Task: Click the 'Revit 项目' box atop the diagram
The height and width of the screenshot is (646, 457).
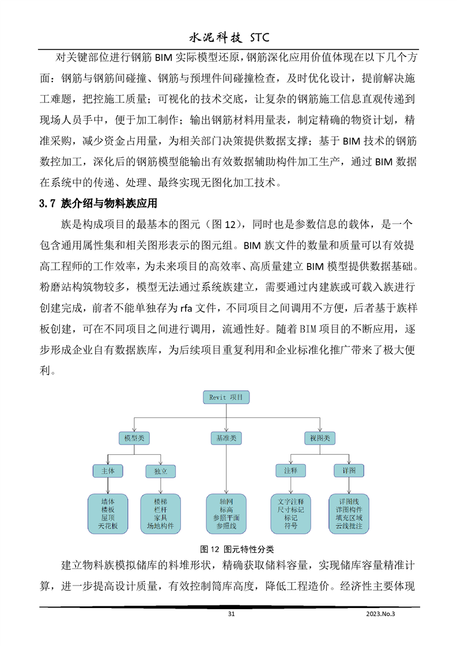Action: pyautogui.click(x=225, y=397)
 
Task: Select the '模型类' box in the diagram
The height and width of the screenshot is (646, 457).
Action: pyautogui.click(x=134, y=438)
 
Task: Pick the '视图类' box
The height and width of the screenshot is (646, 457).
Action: pyautogui.click(x=319, y=438)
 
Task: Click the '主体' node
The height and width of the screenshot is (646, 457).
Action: pyautogui.click(x=108, y=471)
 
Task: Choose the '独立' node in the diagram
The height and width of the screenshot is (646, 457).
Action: pyautogui.click(x=161, y=471)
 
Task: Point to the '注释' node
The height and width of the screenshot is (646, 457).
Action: pyautogui.click(x=290, y=471)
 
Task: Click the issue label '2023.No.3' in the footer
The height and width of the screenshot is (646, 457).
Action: pyautogui.click(x=382, y=614)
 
